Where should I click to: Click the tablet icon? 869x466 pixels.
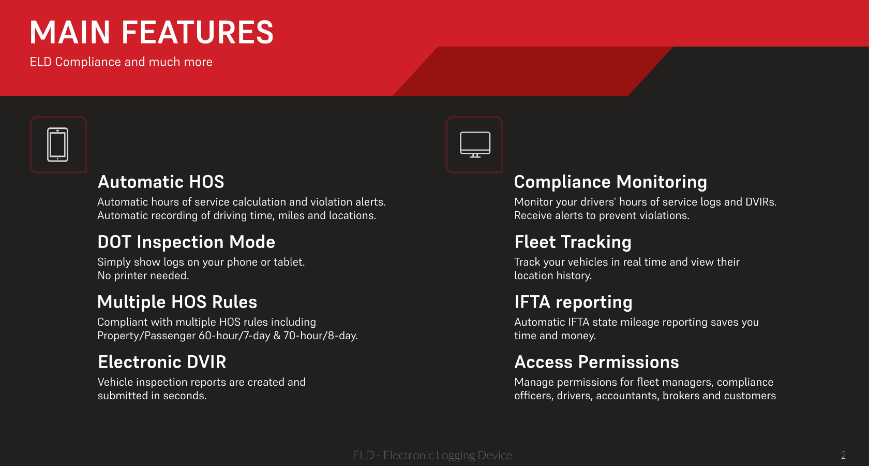57,144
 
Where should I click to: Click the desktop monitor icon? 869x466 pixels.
475,144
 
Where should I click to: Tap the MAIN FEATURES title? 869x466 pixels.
152,32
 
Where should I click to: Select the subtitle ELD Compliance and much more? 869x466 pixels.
121,62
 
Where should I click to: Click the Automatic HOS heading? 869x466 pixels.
161,182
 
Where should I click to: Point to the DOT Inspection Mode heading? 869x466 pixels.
186,242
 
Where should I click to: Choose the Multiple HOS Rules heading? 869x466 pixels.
177,302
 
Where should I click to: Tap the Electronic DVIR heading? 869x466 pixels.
162,362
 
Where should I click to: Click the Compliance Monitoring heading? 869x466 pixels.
610,182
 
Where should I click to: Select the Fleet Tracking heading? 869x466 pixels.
573,242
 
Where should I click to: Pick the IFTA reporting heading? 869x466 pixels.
573,302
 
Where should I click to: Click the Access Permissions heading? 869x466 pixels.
597,362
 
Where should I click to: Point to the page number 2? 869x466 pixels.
843,455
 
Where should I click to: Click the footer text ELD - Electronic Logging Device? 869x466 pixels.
432,455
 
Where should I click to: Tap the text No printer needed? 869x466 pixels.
143,275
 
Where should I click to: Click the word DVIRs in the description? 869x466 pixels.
761,202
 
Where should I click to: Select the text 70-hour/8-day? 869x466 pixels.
321,336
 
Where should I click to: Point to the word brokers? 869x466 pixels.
681,396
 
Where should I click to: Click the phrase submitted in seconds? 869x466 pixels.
152,396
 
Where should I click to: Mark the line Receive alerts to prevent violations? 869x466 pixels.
602,215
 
